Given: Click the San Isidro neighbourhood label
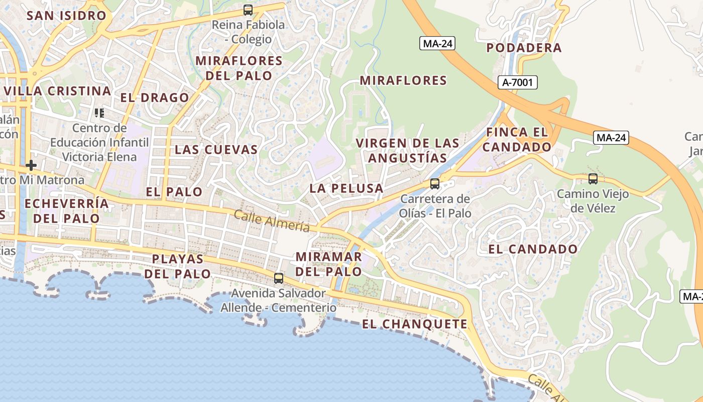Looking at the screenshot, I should (x=66, y=16).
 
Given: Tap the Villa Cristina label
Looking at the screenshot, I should (x=58, y=91).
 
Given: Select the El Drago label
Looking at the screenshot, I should (x=155, y=97).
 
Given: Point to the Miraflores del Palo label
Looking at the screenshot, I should (x=239, y=68).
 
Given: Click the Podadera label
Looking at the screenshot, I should (x=524, y=48).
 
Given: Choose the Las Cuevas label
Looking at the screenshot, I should (x=216, y=149).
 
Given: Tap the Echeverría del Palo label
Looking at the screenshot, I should (x=66, y=211).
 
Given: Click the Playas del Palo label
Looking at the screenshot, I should (x=178, y=266).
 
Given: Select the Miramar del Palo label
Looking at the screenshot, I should (x=328, y=264).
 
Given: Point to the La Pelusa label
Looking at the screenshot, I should (x=346, y=188).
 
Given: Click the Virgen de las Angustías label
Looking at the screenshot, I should (x=407, y=150).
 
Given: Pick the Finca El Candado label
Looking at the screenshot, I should (x=517, y=140).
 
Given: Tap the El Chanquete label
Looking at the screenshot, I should (x=415, y=324).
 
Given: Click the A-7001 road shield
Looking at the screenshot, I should (x=518, y=82).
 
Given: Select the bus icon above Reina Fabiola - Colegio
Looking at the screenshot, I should (x=248, y=10).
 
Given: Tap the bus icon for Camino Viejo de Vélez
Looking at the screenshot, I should (x=593, y=178).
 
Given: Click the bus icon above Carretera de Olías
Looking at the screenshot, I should (x=435, y=183).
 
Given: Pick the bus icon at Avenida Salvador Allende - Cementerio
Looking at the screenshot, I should (x=279, y=278).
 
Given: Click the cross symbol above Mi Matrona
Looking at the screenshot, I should (x=31, y=165).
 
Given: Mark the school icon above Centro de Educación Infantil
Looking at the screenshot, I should (x=99, y=113).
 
